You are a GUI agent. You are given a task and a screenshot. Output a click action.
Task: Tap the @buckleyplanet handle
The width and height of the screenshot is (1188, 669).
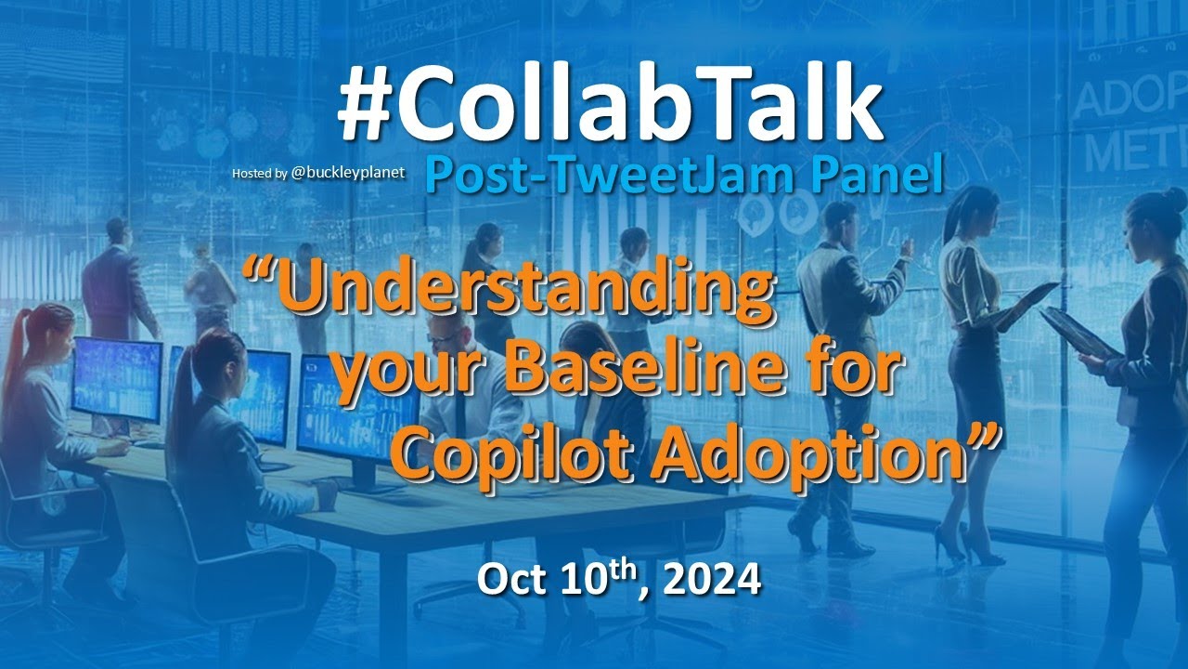(348, 173)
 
